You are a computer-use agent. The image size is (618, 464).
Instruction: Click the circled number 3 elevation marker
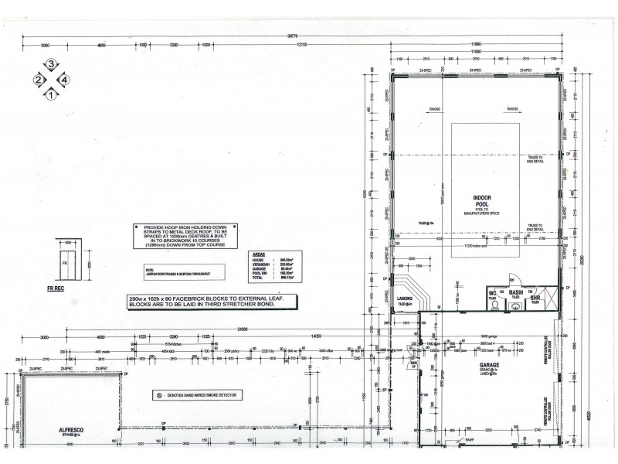click(x=51, y=63)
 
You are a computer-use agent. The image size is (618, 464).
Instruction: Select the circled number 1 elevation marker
click(x=51, y=95)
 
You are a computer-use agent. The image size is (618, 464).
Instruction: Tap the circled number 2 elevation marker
click(x=37, y=80)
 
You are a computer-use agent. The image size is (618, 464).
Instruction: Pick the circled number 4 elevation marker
click(x=66, y=80)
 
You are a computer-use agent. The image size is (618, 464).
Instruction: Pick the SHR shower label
click(x=535, y=296)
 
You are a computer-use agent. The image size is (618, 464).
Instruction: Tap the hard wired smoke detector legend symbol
click(x=160, y=394)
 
